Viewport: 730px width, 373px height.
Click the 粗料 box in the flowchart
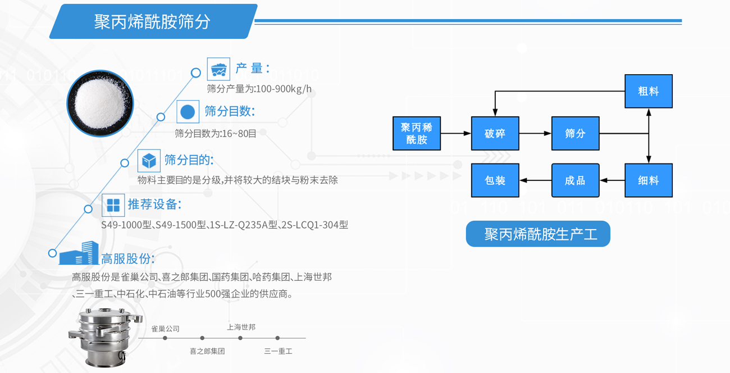click(x=649, y=91)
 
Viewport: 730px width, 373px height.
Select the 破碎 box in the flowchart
click(x=495, y=134)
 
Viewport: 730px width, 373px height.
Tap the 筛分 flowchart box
click(x=575, y=134)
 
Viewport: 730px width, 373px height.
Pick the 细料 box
click(x=649, y=180)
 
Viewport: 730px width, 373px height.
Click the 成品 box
click(x=575, y=180)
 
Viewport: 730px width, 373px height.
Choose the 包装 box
click(x=495, y=180)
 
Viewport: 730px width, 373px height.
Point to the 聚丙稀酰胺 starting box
click(x=416, y=134)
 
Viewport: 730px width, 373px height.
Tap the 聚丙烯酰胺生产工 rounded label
click(x=538, y=234)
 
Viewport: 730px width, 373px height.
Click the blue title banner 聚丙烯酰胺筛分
click(x=153, y=22)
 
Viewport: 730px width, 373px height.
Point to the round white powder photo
click(x=101, y=103)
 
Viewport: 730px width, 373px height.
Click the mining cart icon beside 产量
click(x=218, y=69)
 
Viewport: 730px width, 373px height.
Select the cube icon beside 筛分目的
click(x=149, y=161)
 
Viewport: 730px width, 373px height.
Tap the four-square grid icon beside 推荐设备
click(x=113, y=205)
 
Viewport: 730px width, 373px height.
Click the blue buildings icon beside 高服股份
click(x=79, y=254)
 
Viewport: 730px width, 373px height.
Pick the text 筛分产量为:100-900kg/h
click(x=259, y=89)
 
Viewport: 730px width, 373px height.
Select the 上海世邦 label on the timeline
click(x=241, y=327)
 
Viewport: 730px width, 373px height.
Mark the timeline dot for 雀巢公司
click(x=165, y=338)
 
